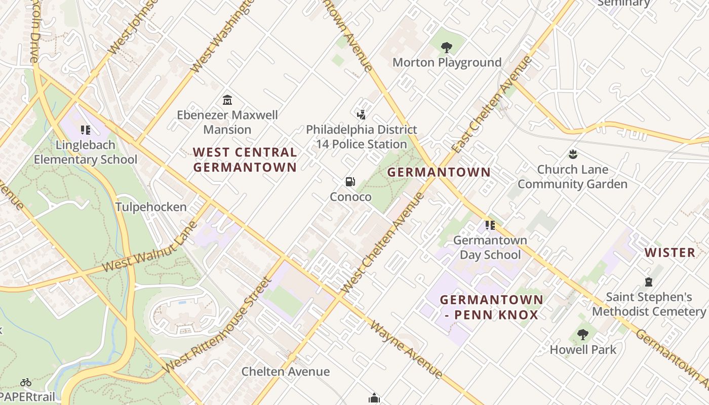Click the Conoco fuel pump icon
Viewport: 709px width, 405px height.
(350, 182)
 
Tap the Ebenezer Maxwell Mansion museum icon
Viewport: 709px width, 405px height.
(227, 100)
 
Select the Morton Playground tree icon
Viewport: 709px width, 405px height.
(446, 48)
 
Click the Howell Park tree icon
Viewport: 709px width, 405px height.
(583, 335)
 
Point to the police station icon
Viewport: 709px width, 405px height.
(361, 115)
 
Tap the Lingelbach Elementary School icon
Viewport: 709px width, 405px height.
(86, 130)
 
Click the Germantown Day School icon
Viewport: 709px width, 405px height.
(490, 225)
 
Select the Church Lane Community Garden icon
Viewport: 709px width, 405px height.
(573, 154)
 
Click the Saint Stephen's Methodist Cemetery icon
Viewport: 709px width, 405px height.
(649, 282)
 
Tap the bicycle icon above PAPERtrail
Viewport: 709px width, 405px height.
(26, 382)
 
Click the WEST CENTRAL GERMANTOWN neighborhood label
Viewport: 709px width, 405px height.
(245, 159)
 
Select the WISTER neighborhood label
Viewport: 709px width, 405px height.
(669, 253)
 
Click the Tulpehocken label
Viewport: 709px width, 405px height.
(151, 207)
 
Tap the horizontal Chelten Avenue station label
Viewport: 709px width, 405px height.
(286, 372)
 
